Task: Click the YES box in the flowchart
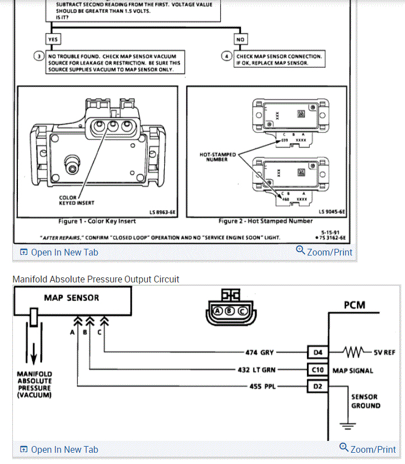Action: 53,39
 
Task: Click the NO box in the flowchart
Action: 241,39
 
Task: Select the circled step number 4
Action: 227,56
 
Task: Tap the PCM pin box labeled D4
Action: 317,352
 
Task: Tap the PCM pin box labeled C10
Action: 317,369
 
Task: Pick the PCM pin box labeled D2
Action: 317,386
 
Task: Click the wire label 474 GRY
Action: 259,352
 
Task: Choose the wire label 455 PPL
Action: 260,386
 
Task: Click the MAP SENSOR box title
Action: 71,298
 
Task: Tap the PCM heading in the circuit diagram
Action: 354,305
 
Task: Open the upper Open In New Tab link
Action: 59,252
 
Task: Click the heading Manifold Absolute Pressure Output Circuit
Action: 96,279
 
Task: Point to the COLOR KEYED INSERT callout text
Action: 77,200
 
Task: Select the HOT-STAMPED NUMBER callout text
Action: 218,157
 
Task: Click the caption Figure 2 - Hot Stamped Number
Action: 265,221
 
